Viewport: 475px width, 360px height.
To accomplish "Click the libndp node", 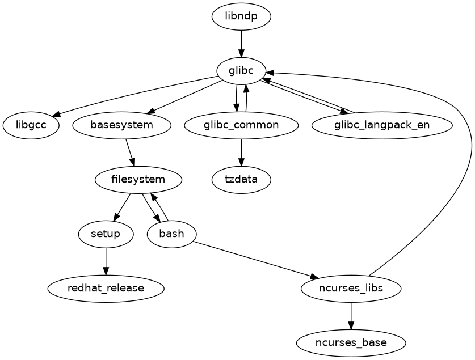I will click(241, 16).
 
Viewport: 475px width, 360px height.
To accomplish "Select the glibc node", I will click(241, 70).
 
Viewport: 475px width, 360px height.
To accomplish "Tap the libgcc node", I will click(31, 125).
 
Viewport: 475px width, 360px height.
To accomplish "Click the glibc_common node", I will click(241, 125).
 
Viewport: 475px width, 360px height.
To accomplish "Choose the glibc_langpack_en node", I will click(382, 125).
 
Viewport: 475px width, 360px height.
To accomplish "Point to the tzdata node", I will click(241, 180).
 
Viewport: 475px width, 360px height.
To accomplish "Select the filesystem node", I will click(138, 180).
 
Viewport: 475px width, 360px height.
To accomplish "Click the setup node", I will click(106, 234).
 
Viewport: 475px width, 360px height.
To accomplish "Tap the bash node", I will click(171, 234).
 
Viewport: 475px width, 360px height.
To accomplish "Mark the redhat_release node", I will click(106, 289).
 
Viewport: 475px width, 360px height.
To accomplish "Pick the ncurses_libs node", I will click(351, 289).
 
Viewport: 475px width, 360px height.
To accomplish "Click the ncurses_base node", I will click(351, 343).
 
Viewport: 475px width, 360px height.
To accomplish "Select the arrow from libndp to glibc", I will click(241, 43).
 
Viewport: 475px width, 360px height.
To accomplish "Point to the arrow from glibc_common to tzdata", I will click(241, 152).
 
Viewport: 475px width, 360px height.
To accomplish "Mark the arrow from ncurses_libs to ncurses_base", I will click(351, 316).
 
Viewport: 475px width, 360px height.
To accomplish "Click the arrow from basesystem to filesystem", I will click(130, 152).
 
